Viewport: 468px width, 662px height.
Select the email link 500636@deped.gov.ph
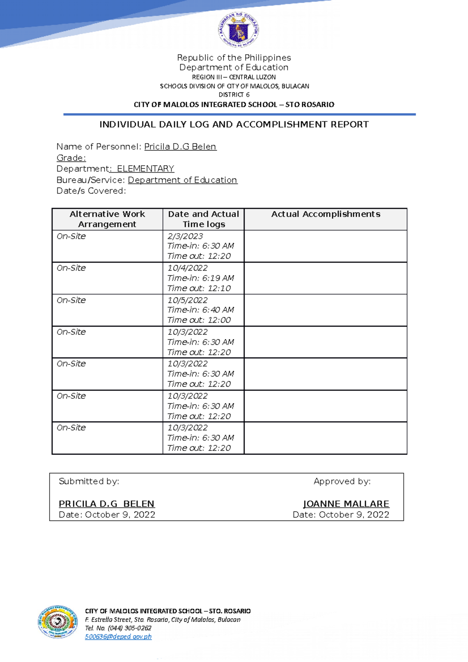[x=118, y=637]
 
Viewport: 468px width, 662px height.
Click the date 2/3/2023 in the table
[x=185, y=236]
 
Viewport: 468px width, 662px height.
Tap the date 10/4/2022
[x=188, y=268]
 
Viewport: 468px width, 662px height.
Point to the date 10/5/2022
[x=188, y=300]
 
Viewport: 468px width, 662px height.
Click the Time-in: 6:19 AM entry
[x=200, y=278]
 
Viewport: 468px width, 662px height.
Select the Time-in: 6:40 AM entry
[x=200, y=310]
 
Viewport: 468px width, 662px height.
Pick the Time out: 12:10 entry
[x=199, y=289]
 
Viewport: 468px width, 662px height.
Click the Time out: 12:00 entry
[x=199, y=320]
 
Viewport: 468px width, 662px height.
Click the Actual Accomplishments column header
[x=326, y=214]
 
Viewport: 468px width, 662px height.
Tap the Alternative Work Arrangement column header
[x=107, y=219]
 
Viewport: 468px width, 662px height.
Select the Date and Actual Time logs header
[x=204, y=219]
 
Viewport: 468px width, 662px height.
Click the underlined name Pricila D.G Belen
[x=180, y=147]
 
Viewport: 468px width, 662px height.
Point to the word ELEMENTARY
[x=145, y=169]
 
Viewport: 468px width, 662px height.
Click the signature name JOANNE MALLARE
[x=346, y=504]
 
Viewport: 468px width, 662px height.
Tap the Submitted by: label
[x=89, y=481]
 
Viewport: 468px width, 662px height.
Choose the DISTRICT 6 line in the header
[x=234, y=95]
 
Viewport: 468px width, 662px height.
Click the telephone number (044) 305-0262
[x=129, y=628]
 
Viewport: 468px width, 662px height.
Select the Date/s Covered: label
[x=91, y=191]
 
